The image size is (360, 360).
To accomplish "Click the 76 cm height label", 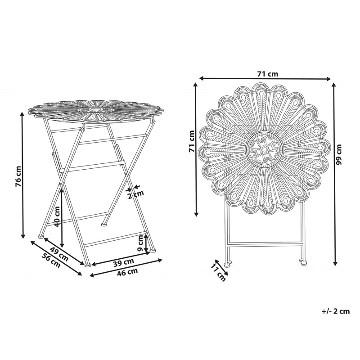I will [18, 176].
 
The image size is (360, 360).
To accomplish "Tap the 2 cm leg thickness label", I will [135, 194].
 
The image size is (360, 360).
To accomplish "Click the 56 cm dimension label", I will [51, 261].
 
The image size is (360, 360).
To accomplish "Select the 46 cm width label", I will [127, 272].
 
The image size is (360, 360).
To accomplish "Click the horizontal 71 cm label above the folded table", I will [267, 73].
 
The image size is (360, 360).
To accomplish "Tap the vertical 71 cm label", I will [192, 142].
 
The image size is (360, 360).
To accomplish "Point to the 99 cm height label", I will [339, 155].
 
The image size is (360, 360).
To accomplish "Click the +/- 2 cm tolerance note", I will [336, 311].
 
